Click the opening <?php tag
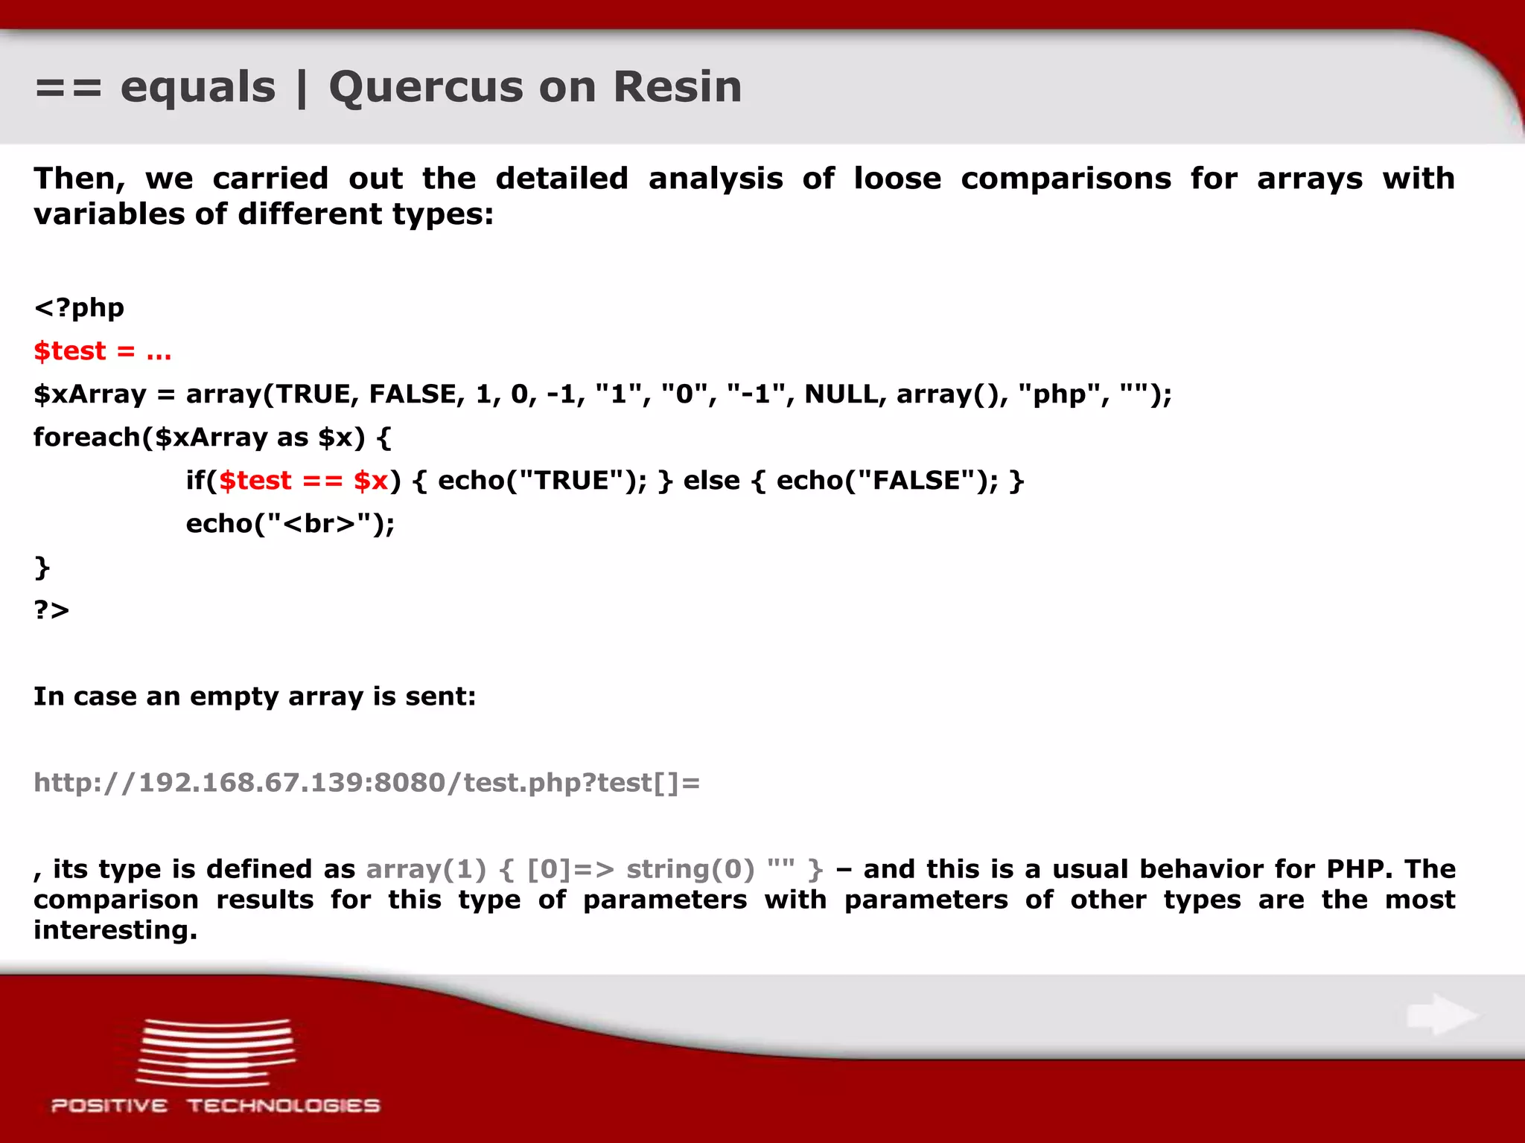click(79, 307)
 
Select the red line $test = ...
click(102, 350)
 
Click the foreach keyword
click(86, 437)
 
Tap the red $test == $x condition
click(303, 481)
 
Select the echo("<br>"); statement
click(290, 524)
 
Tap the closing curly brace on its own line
click(42, 567)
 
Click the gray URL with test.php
click(366, 783)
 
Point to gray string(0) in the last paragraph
click(690, 869)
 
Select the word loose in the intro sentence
click(897, 179)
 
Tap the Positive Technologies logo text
click(215, 1106)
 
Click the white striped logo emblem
click(215, 1052)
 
